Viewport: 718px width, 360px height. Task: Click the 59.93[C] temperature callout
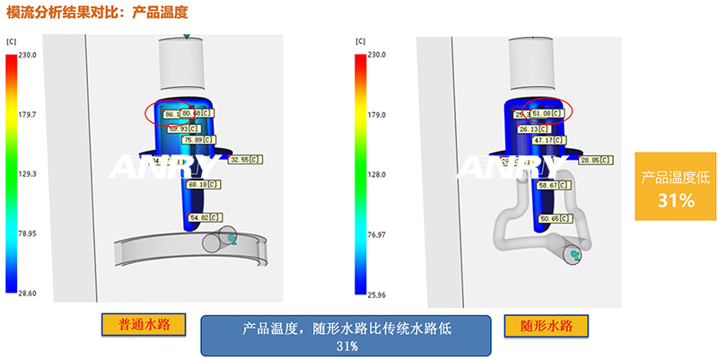click(x=183, y=128)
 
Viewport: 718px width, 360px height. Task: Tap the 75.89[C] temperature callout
click(x=197, y=140)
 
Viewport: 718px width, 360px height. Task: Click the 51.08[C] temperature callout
click(x=548, y=114)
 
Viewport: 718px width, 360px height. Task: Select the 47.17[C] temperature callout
click(x=549, y=140)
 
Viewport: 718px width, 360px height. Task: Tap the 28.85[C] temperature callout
click(x=597, y=160)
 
